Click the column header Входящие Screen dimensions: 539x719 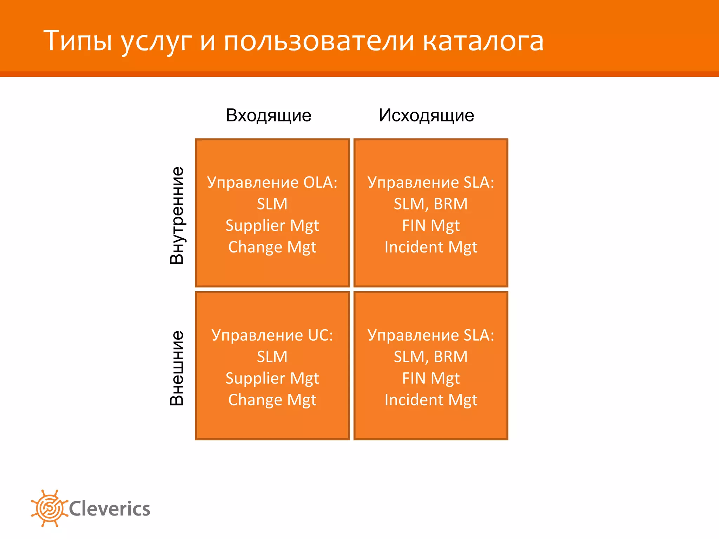pos(269,115)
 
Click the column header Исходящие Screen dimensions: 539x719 pos(426,115)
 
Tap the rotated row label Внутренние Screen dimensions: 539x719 pos(177,215)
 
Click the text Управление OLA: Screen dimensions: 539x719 pos(272,182)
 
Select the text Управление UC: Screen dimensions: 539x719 pos(272,335)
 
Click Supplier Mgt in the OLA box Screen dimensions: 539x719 pos(272,226)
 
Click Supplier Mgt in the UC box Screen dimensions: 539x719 pos(272,379)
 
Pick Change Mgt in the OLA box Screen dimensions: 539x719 pos(272,247)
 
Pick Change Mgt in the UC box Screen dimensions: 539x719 pos(272,400)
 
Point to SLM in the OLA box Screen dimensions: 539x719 pos(272,204)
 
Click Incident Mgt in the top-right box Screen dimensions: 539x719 pos(431,247)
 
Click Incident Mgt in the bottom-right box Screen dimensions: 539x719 pos(431,400)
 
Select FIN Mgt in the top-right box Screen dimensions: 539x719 pos(431,226)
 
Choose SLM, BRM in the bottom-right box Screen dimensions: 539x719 pos(431,357)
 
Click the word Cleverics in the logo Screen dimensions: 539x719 pos(110,509)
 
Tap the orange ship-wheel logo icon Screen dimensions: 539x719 pos(49,508)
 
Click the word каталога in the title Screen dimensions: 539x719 pos(483,41)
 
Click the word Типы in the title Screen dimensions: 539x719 pos(78,41)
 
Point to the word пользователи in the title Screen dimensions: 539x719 pos(319,41)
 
